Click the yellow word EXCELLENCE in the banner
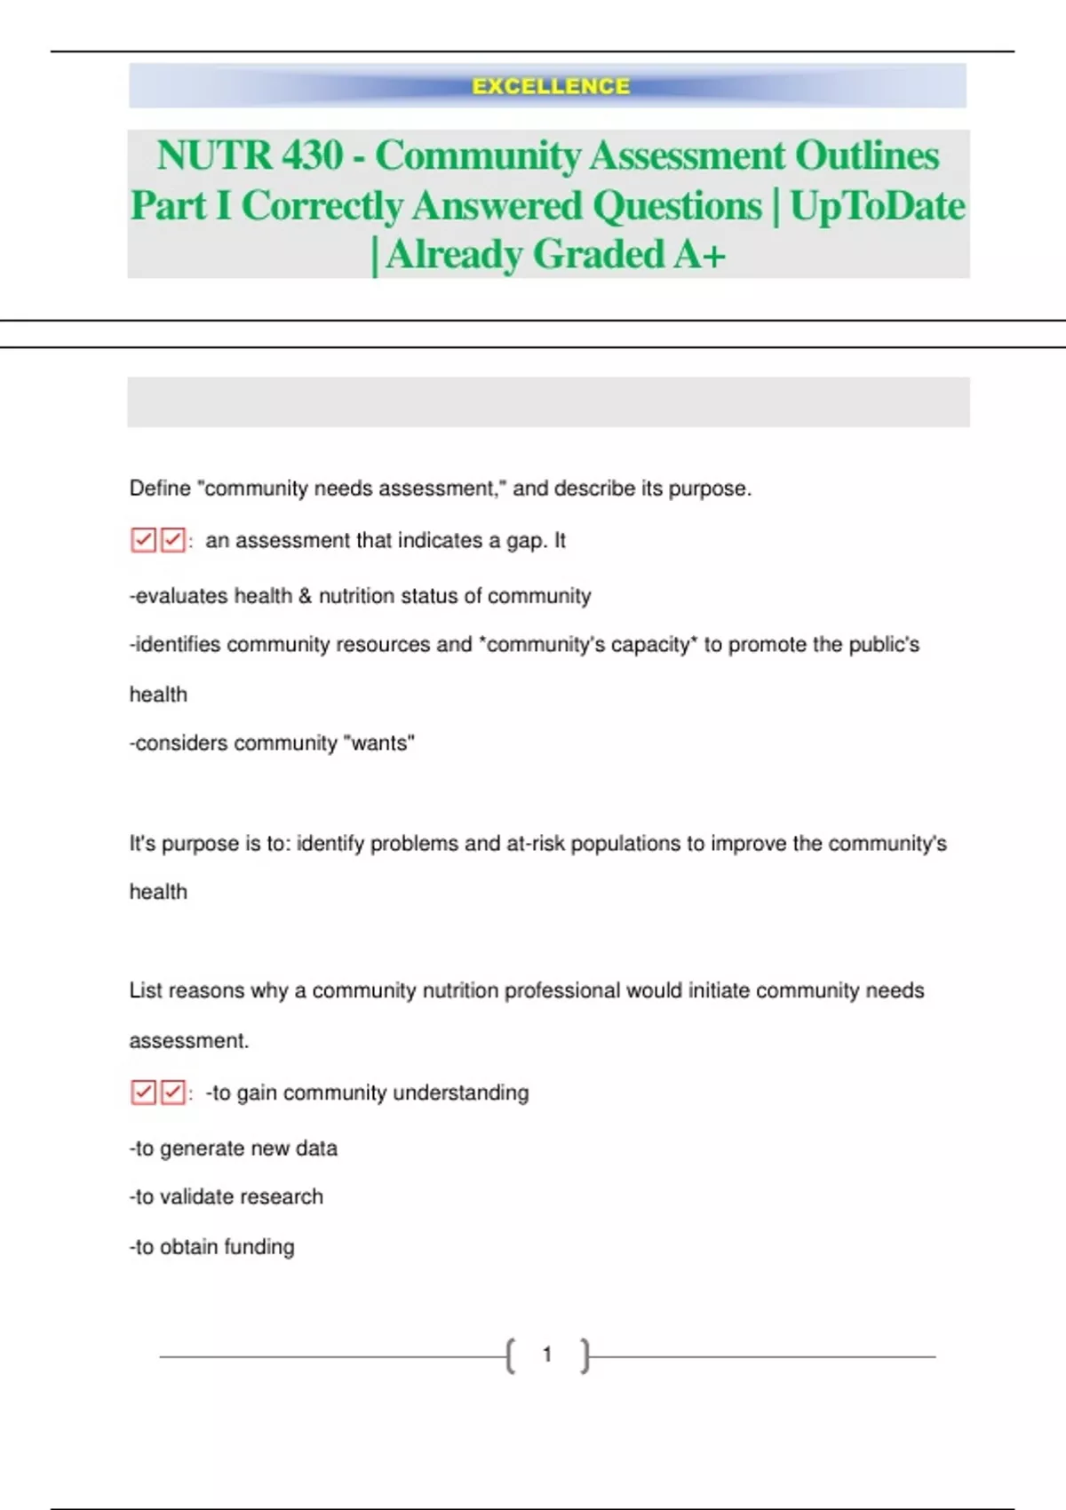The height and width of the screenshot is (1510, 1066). click(x=551, y=86)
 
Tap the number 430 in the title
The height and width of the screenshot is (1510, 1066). click(x=312, y=155)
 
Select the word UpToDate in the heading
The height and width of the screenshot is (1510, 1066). click(x=877, y=206)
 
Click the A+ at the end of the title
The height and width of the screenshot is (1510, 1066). click(x=700, y=255)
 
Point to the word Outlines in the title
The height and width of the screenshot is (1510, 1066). click(x=866, y=155)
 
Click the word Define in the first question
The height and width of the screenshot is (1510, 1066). click(x=160, y=489)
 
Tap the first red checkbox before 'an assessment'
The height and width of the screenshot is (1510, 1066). click(x=143, y=540)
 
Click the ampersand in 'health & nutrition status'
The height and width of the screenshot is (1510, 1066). click(x=305, y=596)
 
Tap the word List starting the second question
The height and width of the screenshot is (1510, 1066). click(x=146, y=990)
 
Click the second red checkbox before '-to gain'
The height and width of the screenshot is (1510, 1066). click(x=173, y=1092)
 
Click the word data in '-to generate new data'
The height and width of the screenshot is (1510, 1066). click(x=316, y=1148)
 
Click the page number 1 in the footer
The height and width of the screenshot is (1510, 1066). click(x=547, y=1355)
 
